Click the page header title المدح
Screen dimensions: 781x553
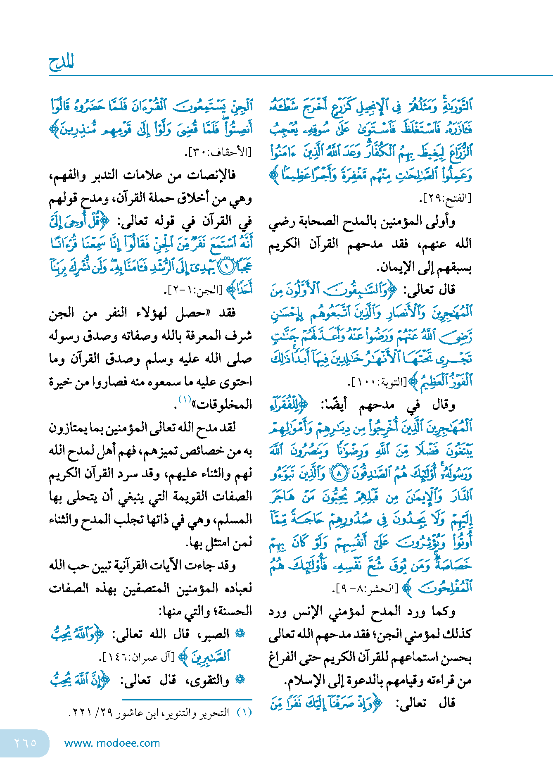[61, 62]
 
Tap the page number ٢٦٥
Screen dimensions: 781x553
[25, 743]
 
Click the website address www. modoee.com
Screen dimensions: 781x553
[112, 743]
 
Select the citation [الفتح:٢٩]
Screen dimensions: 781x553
[445, 198]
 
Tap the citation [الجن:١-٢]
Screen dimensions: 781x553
[196, 290]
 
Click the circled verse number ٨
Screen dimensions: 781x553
[339, 474]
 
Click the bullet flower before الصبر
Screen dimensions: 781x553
[240, 633]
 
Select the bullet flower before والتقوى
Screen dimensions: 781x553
[240, 680]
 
